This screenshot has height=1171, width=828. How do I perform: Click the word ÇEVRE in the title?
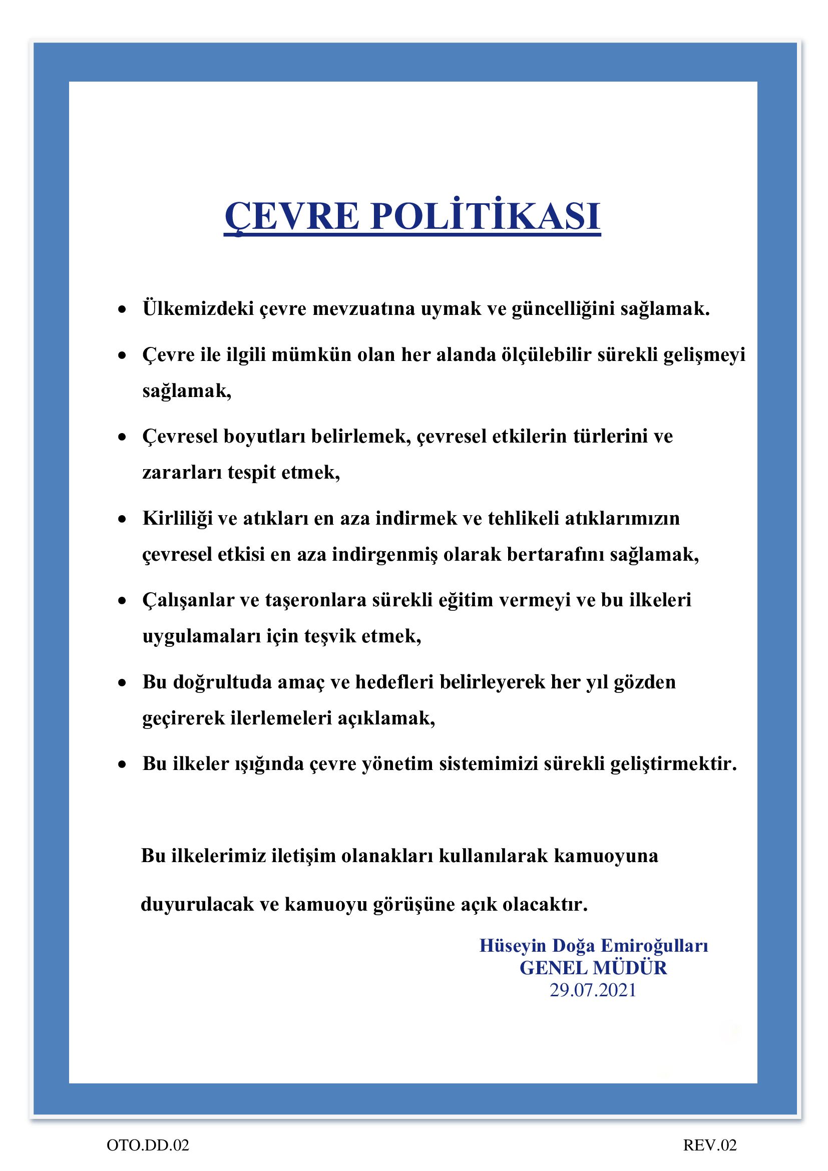point(292,216)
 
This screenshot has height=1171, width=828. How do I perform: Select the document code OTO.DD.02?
point(148,1145)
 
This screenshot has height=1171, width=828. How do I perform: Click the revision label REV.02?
point(710,1145)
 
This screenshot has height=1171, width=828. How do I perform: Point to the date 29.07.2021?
point(593,990)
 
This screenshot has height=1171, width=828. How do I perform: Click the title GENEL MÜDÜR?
point(593,968)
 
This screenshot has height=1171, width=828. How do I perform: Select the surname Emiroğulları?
point(655,945)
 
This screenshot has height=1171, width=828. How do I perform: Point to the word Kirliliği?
point(177,518)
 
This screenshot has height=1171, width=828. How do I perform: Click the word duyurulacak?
point(197,904)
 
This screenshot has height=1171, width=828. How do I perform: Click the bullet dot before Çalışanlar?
point(122,601)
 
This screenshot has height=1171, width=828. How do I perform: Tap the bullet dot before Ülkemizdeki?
point(122,309)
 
